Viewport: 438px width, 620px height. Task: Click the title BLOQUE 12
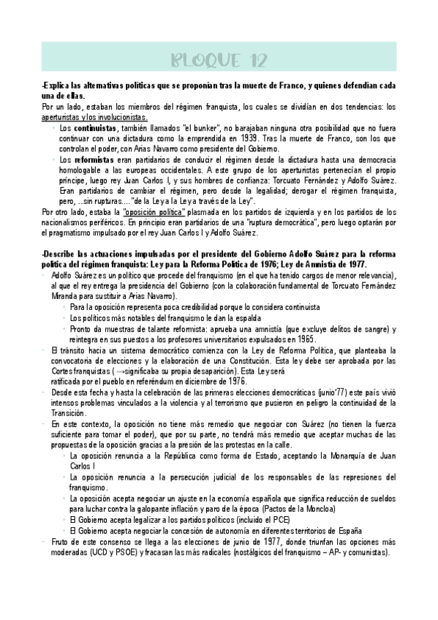[219, 58]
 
